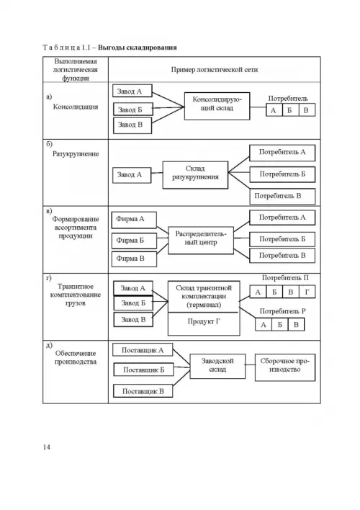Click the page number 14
pyautogui.click(x=47, y=447)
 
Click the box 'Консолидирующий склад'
pyautogui.click(x=217, y=106)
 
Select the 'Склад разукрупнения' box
pyautogui.click(x=195, y=175)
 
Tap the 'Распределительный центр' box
pyautogui.click(x=201, y=241)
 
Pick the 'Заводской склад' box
pyautogui.click(x=217, y=366)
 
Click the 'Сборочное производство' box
pyautogui.click(x=285, y=367)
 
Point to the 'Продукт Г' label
pyautogui.click(x=204, y=321)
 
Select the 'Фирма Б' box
pyautogui.click(x=134, y=241)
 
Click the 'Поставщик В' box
pyautogui.click(x=143, y=391)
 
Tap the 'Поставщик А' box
pyautogui.click(x=143, y=350)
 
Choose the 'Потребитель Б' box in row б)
pyautogui.click(x=282, y=174)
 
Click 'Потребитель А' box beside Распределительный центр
pyautogui.click(x=282, y=218)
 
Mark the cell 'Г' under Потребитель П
pyautogui.click(x=307, y=292)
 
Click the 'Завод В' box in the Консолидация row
pyautogui.click(x=132, y=125)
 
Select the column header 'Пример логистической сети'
pyautogui.click(x=215, y=69)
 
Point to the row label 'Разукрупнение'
pyautogui.click(x=76, y=154)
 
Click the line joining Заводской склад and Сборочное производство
pyautogui.click(x=250, y=364)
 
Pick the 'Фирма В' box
pyautogui.click(x=134, y=259)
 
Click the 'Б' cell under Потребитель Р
pyautogui.click(x=279, y=325)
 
